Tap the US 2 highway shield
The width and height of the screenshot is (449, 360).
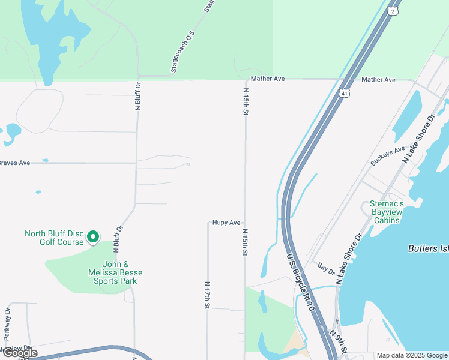[392, 11]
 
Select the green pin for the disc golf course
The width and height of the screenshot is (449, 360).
[93, 238]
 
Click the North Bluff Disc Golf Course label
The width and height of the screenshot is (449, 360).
[53, 238]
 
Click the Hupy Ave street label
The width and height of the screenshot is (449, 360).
[226, 223]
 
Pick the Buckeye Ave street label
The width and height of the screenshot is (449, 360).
[387, 156]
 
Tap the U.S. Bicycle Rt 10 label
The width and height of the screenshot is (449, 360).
[300, 281]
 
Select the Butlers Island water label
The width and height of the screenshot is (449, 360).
[428, 248]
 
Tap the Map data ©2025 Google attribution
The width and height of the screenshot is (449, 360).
[412, 355]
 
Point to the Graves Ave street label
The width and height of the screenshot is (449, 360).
[15, 163]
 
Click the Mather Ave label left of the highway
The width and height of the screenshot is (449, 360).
[268, 79]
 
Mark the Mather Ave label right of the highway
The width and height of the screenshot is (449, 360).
[378, 80]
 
